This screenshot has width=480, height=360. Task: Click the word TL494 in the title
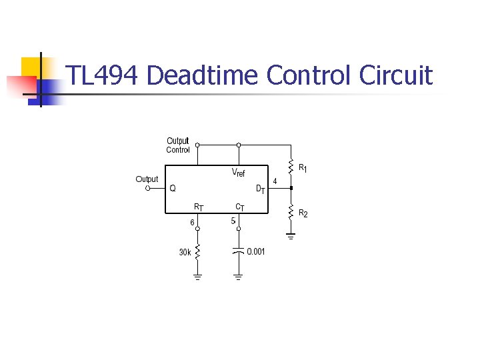click(x=103, y=75)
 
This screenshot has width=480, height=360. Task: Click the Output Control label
click(x=178, y=145)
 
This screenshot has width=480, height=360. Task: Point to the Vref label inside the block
click(x=238, y=172)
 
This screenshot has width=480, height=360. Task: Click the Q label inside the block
click(x=173, y=188)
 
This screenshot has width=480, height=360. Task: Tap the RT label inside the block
click(x=199, y=207)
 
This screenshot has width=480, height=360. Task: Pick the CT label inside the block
click(x=239, y=207)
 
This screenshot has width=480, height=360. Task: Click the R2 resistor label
click(x=303, y=213)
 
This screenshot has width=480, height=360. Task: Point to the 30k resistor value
click(x=185, y=252)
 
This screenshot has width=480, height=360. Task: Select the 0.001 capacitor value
click(x=256, y=251)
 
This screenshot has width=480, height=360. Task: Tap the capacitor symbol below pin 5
click(x=238, y=251)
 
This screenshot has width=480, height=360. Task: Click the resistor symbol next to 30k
click(x=197, y=252)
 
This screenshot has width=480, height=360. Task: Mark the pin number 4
click(x=275, y=181)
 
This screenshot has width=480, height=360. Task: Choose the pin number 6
click(x=192, y=222)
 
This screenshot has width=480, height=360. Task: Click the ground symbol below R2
click(x=291, y=234)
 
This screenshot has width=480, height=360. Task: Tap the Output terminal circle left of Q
click(x=147, y=188)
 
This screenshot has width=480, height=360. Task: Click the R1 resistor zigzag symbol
click(x=291, y=165)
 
